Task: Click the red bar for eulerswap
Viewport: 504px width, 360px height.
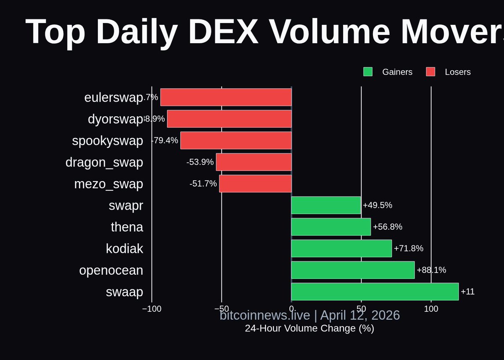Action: (226, 97)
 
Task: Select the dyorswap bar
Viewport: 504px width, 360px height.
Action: (229, 119)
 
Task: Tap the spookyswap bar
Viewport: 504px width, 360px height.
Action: (236, 140)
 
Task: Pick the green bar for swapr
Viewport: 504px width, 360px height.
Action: (326, 205)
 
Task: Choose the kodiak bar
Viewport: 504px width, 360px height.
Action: (341, 248)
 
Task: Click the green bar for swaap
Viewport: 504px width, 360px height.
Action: (375, 292)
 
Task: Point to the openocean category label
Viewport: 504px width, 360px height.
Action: (111, 270)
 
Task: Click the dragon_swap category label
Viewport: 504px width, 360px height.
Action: (104, 162)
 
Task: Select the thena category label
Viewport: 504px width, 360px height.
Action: (127, 227)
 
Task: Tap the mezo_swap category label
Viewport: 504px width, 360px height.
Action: (108, 184)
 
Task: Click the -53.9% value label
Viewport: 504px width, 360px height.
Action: (200, 162)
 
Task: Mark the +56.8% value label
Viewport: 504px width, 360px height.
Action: (388, 227)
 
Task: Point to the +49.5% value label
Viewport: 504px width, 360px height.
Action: (378, 205)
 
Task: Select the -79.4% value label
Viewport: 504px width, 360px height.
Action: (165, 140)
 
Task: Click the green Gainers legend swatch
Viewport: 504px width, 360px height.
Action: (368, 72)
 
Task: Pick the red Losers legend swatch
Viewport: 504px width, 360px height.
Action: (430, 72)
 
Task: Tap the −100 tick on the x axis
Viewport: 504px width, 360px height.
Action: (152, 309)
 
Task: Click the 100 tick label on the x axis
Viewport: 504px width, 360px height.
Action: (431, 309)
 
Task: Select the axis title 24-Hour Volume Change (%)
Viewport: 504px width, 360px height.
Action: (310, 328)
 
